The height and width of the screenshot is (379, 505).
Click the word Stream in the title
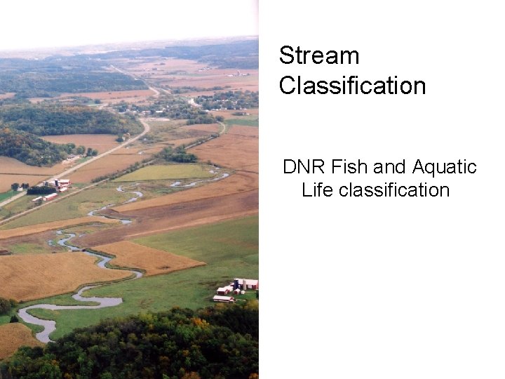[x=318, y=55]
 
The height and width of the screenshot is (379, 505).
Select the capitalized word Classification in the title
[x=352, y=86]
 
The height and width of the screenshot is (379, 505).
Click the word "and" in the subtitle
[x=390, y=167]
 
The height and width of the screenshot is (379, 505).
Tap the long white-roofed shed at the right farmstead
[x=223, y=299]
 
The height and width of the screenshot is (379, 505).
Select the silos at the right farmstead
[x=238, y=284]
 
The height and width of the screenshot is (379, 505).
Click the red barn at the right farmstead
[x=250, y=284]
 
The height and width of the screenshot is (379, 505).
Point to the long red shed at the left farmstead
[x=49, y=197]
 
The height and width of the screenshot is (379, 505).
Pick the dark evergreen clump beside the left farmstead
[x=41, y=189]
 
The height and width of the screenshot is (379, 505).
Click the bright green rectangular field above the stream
[x=166, y=172]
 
